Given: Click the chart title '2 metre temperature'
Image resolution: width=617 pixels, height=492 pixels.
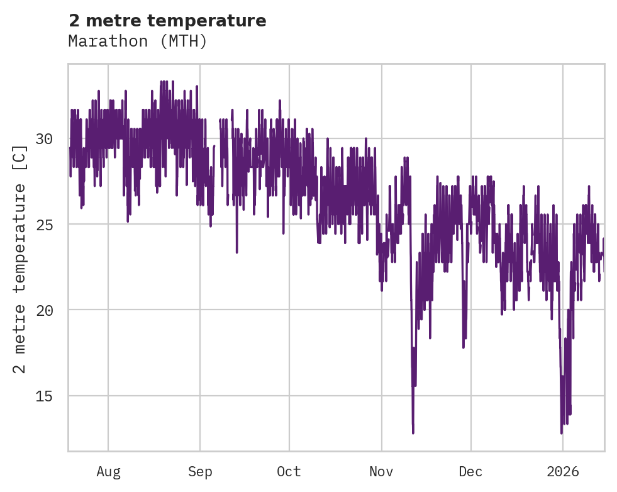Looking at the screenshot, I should point(167,21).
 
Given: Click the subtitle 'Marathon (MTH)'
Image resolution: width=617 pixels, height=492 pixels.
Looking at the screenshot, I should point(138,42).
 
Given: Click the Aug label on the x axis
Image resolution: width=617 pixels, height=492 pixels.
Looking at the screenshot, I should point(108,472).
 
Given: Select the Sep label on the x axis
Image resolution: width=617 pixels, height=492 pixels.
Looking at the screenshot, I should point(200,472).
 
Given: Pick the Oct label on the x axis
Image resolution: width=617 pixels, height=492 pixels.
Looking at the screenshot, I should point(289,472).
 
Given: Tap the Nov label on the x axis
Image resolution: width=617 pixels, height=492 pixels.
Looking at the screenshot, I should point(382,472).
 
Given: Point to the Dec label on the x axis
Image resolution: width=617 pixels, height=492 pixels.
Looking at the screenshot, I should point(470,472).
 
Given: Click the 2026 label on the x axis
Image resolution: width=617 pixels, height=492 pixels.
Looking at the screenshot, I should point(562,472).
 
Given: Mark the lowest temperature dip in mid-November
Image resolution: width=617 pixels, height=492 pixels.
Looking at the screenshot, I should point(413,432).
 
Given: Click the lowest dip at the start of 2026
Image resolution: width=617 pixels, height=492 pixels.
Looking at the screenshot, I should point(562,432).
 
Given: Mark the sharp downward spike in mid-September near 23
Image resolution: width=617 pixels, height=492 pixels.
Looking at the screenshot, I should point(237,252).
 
